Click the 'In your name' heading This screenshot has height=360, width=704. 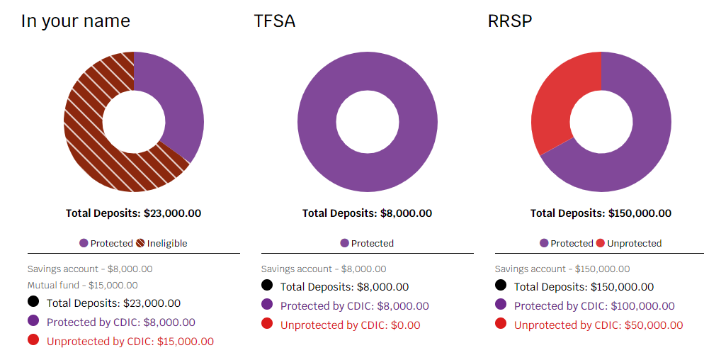(x=75, y=21)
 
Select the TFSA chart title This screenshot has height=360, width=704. (x=274, y=21)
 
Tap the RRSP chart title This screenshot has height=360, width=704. (x=510, y=21)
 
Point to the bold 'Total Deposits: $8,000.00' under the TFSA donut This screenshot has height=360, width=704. (x=367, y=213)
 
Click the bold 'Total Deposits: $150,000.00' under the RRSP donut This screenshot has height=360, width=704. (x=601, y=213)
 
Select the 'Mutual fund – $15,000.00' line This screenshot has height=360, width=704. (x=83, y=285)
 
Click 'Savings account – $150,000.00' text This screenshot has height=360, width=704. (x=562, y=269)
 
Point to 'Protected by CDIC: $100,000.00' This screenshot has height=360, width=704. (x=594, y=306)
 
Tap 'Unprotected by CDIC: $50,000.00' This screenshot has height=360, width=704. (x=598, y=325)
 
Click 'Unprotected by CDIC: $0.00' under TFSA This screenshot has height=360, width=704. (x=350, y=325)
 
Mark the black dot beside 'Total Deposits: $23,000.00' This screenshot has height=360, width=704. (x=33, y=301)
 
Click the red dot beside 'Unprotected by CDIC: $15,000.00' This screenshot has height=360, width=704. (x=33, y=339)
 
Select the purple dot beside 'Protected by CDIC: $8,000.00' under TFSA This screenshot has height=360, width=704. (x=267, y=304)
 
